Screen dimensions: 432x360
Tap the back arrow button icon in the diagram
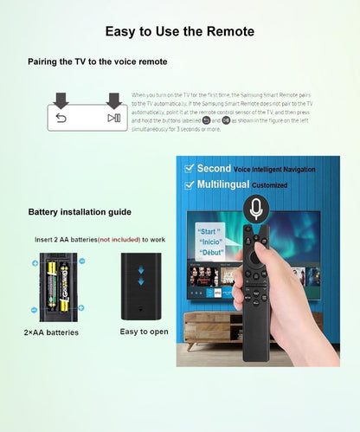click(x=61, y=118)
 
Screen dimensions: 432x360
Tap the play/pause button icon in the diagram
click(x=113, y=118)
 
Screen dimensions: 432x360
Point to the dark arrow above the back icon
click(x=61, y=98)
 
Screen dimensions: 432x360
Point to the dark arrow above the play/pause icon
click(x=113, y=98)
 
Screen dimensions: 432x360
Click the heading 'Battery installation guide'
click(x=80, y=212)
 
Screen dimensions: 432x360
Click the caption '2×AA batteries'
click(x=52, y=332)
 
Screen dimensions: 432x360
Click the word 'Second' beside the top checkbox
click(x=215, y=168)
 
